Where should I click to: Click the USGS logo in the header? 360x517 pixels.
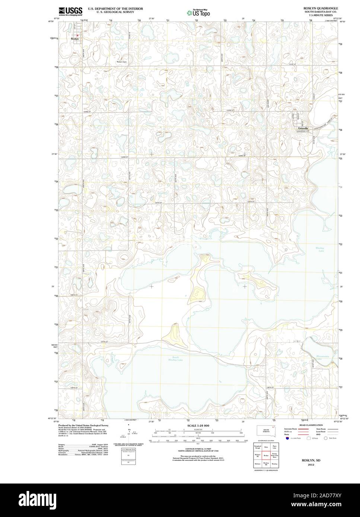pyautogui.click(x=70, y=11)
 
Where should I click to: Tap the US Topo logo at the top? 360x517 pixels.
pyautogui.click(x=199, y=12)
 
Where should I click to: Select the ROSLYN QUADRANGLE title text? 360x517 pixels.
pyautogui.click(x=321, y=8)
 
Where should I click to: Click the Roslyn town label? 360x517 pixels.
pyautogui.click(x=75, y=38)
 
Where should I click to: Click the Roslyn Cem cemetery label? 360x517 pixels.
pyautogui.click(x=122, y=62)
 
